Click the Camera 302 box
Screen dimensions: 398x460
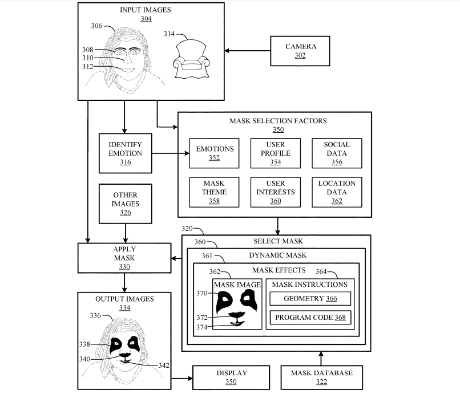click(x=300, y=51)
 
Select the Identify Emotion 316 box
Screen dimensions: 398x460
click(x=125, y=153)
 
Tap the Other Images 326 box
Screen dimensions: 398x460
click(x=125, y=204)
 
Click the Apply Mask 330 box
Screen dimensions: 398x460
click(x=124, y=257)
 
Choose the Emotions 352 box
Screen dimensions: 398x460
click(x=215, y=153)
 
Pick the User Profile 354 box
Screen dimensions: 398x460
click(x=276, y=153)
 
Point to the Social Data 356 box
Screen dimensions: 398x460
click(x=336, y=153)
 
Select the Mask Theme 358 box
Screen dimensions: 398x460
click(x=215, y=192)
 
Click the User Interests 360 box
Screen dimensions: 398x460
click(x=276, y=192)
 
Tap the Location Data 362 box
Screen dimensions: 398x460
click(x=336, y=192)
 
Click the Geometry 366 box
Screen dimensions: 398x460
click(x=310, y=298)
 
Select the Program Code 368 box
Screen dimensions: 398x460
click(x=310, y=317)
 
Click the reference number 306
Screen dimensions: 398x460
click(x=96, y=26)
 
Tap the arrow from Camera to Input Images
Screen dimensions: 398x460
click(x=247, y=51)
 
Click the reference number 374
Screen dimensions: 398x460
click(x=202, y=327)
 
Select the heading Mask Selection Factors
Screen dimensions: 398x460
click(x=278, y=121)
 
